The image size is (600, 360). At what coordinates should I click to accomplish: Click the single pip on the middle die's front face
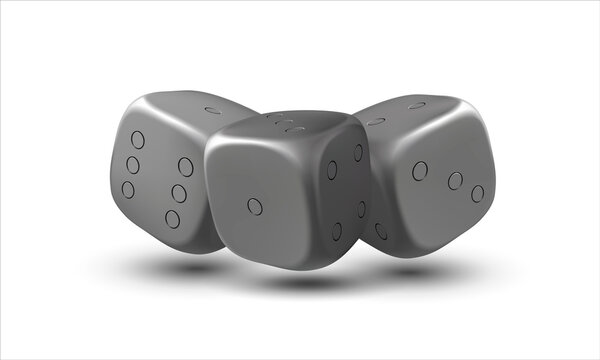click(x=255, y=206)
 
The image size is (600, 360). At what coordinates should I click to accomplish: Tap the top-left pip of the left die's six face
click(x=138, y=140)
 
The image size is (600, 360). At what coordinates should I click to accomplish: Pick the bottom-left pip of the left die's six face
click(x=128, y=188)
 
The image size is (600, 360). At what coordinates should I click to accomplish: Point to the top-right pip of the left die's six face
click(x=186, y=167)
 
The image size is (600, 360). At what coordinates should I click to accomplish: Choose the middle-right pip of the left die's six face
click(x=179, y=193)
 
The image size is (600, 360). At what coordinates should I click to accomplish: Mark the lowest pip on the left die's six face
click(x=172, y=218)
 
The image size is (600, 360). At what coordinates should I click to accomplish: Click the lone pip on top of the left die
click(x=213, y=109)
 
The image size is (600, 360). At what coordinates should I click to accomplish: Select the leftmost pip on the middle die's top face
click(x=270, y=117)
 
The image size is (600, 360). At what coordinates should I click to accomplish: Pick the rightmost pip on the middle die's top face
click(x=295, y=129)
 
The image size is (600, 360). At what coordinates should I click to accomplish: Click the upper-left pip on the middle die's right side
click(x=332, y=170)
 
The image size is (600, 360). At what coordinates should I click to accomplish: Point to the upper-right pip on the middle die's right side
click(x=358, y=152)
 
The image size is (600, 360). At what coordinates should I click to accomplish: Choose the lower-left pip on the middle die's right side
click(x=337, y=231)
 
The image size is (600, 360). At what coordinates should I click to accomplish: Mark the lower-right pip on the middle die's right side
click(x=362, y=209)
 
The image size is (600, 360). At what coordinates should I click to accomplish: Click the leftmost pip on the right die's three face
click(x=420, y=171)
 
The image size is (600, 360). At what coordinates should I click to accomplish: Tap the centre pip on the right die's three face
click(x=455, y=181)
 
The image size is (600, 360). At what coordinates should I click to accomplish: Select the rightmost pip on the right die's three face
click(x=478, y=193)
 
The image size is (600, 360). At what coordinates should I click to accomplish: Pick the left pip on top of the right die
click(x=377, y=121)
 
